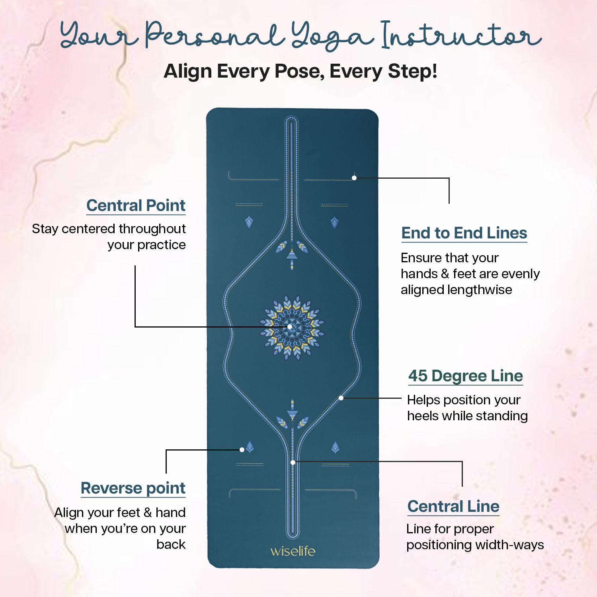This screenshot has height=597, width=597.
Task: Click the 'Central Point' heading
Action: point(136,206)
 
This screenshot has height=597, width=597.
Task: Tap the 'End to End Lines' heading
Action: point(464,233)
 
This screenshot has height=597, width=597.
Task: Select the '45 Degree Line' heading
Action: point(466,376)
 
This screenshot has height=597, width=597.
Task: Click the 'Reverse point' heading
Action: point(133,489)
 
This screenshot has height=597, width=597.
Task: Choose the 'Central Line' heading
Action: point(453,506)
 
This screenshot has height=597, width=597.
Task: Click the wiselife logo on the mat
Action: point(293,551)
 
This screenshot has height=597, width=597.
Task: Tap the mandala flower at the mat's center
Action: point(292,328)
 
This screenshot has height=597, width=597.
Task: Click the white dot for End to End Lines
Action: point(354,178)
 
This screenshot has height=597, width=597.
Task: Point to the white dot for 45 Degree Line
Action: point(341,398)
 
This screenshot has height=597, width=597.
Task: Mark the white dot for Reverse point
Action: point(242,450)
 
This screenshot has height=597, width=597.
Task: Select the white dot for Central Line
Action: point(293,462)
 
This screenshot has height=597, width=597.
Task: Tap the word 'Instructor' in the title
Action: point(462,35)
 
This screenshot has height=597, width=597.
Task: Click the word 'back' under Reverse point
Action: point(171,544)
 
